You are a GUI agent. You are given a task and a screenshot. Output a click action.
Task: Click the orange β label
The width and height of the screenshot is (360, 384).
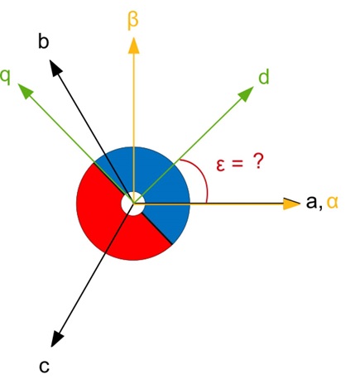pyautogui.click(x=132, y=21)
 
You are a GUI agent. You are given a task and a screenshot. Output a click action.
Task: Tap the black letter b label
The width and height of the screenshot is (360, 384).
pyautogui.click(x=44, y=42)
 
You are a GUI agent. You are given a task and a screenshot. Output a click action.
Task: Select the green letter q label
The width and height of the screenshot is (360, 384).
pyautogui.click(x=6, y=77)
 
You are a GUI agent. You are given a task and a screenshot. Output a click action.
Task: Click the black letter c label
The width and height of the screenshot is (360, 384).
pyautogui.click(x=45, y=367)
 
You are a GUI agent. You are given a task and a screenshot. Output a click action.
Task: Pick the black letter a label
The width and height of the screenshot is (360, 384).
pyautogui.click(x=312, y=202)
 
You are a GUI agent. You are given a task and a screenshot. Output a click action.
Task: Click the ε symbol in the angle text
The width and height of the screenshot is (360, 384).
pyautogui.click(x=220, y=165)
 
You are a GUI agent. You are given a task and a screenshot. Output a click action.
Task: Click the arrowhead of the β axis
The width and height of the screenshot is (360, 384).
pyautogui.click(x=134, y=46)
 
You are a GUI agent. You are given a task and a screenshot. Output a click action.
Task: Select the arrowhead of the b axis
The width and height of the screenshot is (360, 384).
pyautogui.click(x=55, y=67)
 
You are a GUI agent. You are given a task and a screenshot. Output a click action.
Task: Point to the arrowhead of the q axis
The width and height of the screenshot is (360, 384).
pyautogui.click(x=25, y=90)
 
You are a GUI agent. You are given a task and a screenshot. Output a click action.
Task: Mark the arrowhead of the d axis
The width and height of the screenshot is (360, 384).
pyautogui.click(x=246, y=94)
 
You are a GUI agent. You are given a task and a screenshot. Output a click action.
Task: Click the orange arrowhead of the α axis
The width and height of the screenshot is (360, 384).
pyautogui.click(x=291, y=204)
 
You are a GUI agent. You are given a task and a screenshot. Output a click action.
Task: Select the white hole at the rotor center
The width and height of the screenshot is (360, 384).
pyautogui.click(x=133, y=204)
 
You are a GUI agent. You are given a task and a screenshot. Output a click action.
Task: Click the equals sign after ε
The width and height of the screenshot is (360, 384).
pyautogui.click(x=238, y=163)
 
